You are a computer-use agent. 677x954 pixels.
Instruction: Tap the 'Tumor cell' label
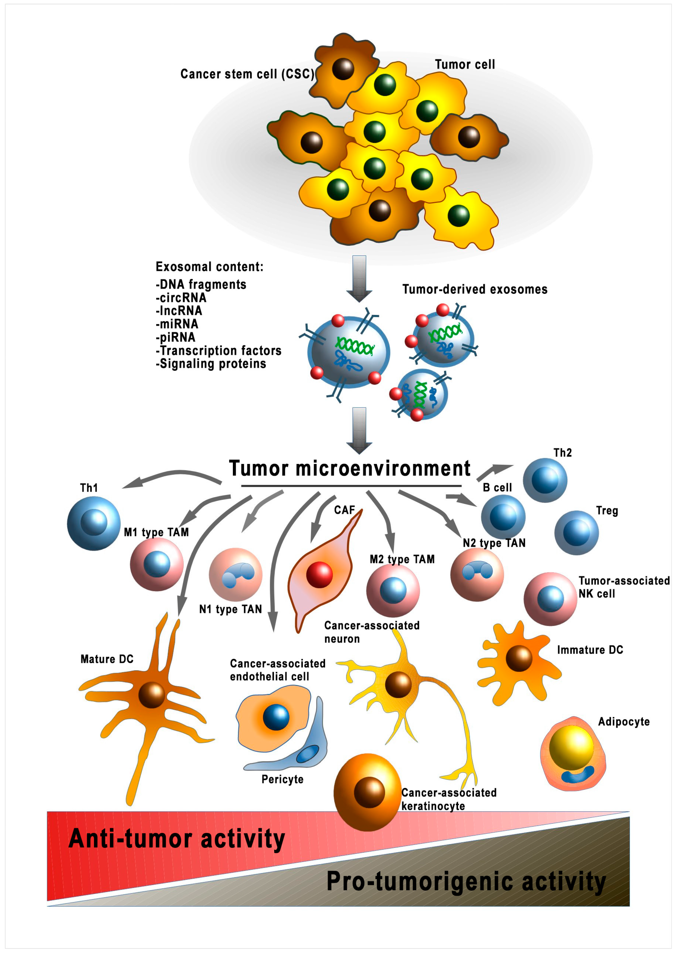[x=465, y=65]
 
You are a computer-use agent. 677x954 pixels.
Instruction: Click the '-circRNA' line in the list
[x=181, y=298]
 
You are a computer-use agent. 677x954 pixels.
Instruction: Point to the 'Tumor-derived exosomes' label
[x=474, y=289]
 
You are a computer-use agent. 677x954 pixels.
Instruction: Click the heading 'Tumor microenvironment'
[x=349, y=468]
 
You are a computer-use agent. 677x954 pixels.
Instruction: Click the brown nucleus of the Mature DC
[x=151, y=695]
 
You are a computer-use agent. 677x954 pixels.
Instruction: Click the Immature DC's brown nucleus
[x=519, y=658]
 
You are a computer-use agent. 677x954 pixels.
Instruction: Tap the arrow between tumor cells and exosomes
[x=359, y=278]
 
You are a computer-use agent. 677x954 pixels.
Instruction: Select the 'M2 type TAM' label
[x=402, y=559]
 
